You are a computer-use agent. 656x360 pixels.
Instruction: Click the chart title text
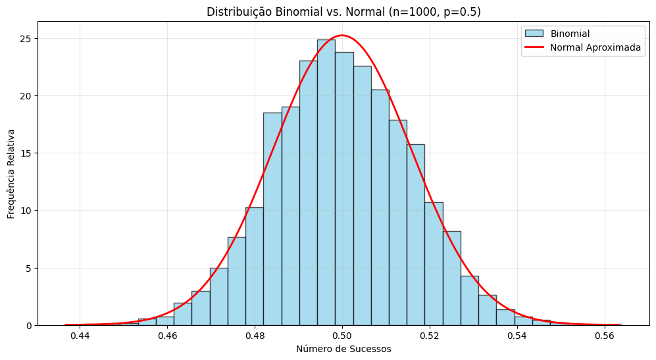[343, 12]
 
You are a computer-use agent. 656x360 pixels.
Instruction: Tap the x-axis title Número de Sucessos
[343, 349]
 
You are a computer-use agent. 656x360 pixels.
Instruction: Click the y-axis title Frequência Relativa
[11, 174]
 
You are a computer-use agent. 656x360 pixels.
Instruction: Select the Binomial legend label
[570, 34]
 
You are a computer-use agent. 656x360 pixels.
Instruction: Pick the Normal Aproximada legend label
[595, 48]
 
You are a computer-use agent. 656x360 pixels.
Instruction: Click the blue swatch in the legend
[534, 34]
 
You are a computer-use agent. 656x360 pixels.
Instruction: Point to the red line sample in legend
[534, 47]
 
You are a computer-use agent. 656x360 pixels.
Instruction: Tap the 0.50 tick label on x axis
[342, 336]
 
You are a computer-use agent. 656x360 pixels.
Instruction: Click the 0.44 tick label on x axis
[80, 336]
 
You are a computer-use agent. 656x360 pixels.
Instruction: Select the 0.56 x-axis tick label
[605, 336]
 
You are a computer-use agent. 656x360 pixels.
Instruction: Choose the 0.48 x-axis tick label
[255, 336]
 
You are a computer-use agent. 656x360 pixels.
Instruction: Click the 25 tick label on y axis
[26, 39]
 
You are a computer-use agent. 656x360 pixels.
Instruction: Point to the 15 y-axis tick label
[26, 153]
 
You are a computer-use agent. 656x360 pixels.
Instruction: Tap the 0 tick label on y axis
[29, 326]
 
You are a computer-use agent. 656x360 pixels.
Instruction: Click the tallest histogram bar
[326, 182]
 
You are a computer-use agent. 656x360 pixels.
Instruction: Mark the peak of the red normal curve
[342, 35]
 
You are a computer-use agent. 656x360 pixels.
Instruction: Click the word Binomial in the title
[295, 12]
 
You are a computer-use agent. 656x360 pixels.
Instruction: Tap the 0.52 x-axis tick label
[430, 336]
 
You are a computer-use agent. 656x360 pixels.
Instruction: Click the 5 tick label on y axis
[29, 269]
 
